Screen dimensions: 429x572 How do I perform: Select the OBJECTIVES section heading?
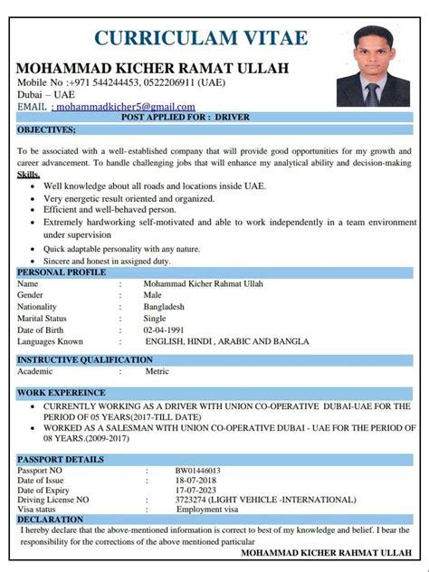click(x=46, y=129)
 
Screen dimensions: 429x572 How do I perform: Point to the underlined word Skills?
click(x=29, y=173)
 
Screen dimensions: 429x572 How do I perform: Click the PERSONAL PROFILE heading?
click(x=60, y=272)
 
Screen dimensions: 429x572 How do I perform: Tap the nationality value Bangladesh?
click(x=167, y=307)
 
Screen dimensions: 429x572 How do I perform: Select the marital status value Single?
click(x=156, y=319)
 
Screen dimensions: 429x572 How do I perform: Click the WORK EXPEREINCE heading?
click(x=61, y=393)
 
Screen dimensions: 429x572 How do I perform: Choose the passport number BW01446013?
click(x=198, y=471)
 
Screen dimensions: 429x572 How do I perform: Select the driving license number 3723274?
click(x=193, y=500)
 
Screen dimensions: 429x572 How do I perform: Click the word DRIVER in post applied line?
click(x=230, y=118)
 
